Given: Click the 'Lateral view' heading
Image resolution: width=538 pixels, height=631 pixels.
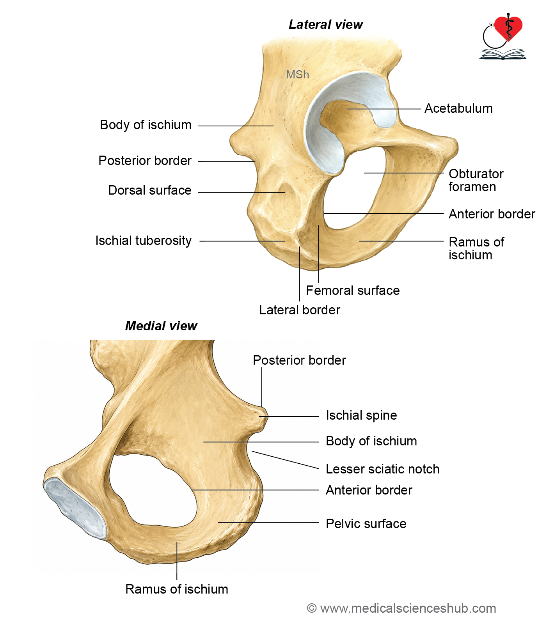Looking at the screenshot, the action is [326, 25].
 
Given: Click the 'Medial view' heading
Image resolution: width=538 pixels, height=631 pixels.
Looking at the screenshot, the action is [161, 326].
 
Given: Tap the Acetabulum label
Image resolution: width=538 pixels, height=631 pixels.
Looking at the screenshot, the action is [458, 108].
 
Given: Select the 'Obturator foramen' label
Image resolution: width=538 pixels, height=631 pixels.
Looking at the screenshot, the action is [476, 180].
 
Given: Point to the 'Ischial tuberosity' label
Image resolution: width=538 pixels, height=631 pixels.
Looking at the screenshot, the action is [144, 241].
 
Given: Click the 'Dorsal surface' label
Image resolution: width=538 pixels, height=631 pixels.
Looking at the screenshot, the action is [150, 190].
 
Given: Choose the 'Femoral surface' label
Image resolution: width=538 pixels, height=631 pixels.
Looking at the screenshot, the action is [353, 291].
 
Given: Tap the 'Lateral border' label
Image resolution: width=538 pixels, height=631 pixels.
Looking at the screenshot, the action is [300, 310].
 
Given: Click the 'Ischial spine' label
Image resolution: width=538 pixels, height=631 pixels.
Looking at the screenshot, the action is [361, 415].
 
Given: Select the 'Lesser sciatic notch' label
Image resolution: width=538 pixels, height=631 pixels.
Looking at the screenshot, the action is [383, 469].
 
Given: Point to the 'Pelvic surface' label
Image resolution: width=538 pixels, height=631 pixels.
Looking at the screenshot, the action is [366, 524].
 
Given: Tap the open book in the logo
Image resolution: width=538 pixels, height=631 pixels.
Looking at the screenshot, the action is [502, 54].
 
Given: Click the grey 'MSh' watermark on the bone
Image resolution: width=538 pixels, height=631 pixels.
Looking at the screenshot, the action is [298, 74].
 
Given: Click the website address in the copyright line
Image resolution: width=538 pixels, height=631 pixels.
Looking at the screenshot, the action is [408, 608].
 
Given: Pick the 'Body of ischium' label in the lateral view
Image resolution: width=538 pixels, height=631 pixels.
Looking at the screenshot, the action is [146, 125].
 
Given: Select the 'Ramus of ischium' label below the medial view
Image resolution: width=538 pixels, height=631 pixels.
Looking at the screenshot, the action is [177, 589].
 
